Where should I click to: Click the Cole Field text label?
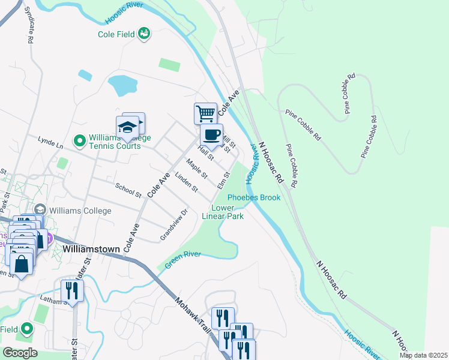coord(115,34)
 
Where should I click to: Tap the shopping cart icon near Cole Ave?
coord(205,113)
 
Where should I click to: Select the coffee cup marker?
coord(211,135)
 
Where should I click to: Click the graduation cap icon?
coord(127,127)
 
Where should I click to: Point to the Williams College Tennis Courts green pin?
coord(79,141)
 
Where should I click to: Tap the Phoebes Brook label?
coord(253,197)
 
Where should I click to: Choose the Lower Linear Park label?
coord(223,212)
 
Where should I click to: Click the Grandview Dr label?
coord(174,225)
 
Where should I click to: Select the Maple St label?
coord(196,169)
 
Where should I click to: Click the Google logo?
coord(20,353)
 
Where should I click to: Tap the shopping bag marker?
coord(21,265)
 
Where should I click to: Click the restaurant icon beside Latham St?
coord(72,291)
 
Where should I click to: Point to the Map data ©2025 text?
coord(424,355)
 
